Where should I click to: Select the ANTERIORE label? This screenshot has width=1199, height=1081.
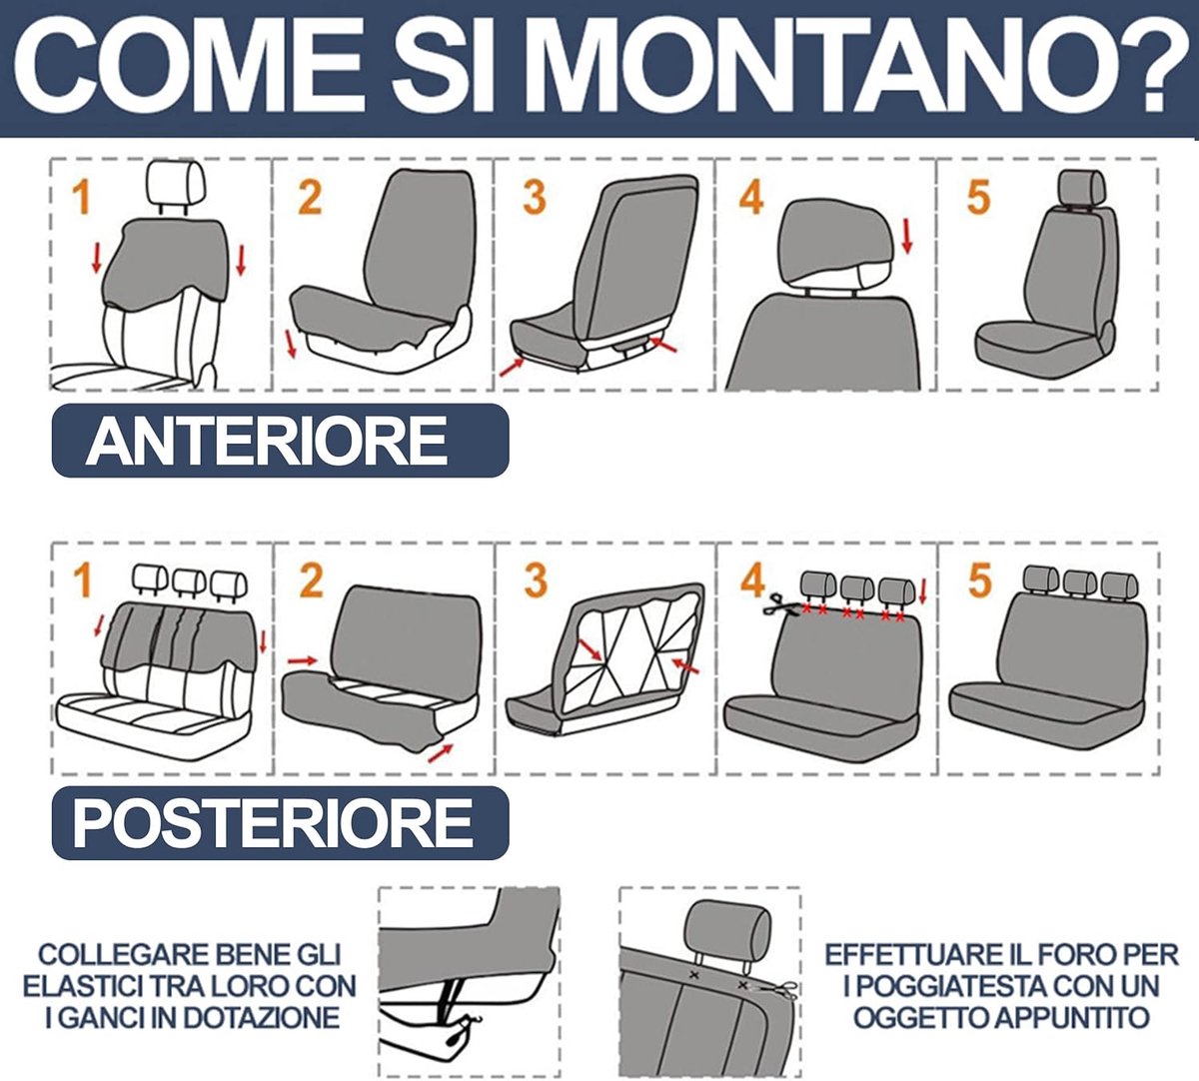pos(267,441)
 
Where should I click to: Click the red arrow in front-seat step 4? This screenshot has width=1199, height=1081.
pos(907,236)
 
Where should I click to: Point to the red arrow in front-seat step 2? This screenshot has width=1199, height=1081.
pos(290,344)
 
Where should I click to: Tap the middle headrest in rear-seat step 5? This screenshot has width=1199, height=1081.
pos(1079,581)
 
